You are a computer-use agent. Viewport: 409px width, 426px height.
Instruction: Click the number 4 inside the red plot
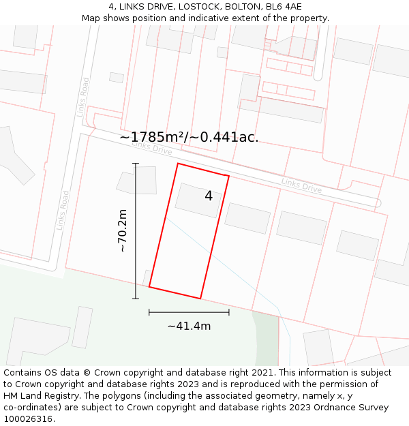[x=209, y=196]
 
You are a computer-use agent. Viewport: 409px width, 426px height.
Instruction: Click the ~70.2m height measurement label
[x=123, y=231]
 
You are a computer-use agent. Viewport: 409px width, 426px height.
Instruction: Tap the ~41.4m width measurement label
[x=189, y=326]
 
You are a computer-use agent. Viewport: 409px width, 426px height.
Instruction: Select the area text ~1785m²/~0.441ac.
[x=189, y=137]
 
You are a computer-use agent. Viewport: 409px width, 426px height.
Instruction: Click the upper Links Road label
[x=84, y=97]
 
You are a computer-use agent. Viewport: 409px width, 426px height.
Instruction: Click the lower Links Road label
[x=64, y=209]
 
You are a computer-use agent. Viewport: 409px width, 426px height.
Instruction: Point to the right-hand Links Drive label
[x=301, y=185]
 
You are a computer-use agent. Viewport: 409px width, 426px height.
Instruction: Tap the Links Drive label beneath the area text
[x=152, y=147]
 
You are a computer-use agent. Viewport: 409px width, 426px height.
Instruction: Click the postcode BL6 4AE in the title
[x=284, y=7]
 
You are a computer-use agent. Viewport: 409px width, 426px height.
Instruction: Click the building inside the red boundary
[x=197, y=200]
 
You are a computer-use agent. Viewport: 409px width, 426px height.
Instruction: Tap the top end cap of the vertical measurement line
[x=136, y=164]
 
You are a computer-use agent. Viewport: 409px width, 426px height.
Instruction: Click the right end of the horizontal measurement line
[x=229, y=312]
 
